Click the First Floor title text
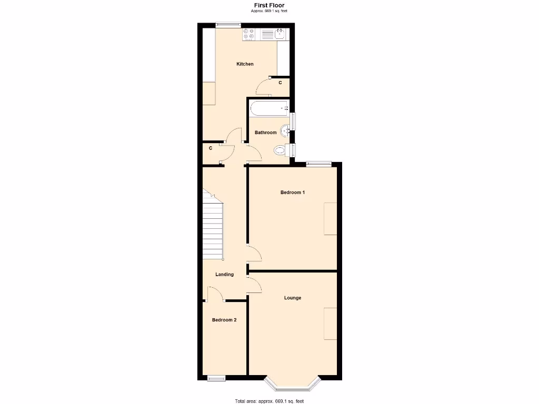[x=269, y=5]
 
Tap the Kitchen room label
[x=245, y=64]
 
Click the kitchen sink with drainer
[x=273, y=34]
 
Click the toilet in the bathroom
[x=281, y=151]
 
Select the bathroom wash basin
[x=284, y=129]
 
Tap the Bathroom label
[x=265, y=133]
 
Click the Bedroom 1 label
[x=292, y=193]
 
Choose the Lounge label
[x=293, y=298]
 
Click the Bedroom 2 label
[x=224, y=320]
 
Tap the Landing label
[x=225, y=275]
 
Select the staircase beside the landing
[x=213, y=229]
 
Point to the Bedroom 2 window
[x=216, y=378]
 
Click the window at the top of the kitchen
[x=228, y=24]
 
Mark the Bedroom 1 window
[x=319, y=164]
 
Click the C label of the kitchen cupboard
[x=280, y=83]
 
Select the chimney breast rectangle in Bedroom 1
[x=330, y=218]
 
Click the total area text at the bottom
[x=269, y=401]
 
